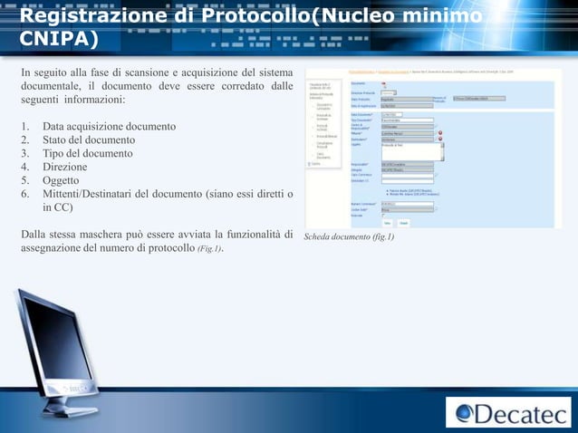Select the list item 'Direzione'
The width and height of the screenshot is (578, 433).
64,167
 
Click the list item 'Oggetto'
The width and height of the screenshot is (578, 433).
62,180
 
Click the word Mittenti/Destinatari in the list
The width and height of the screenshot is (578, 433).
93,194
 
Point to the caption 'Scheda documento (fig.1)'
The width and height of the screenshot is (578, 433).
349,237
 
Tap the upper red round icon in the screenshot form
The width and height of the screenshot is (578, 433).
441,133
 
